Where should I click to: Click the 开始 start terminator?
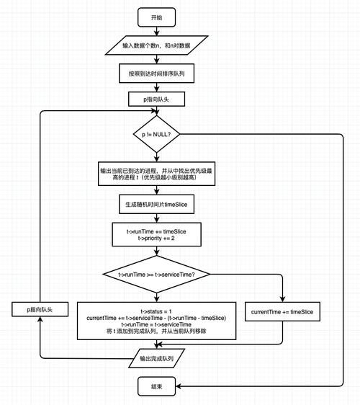click(156, 17)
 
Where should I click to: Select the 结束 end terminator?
click(156, 387)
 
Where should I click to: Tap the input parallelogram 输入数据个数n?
click(156, 45)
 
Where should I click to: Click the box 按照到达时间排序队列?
click(156, 74)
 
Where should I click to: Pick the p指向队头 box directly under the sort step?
click(156, 99)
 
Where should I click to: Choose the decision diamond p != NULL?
click(156, 134)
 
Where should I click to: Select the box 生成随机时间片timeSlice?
click(156, 205)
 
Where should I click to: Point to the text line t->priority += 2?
click(156, 239)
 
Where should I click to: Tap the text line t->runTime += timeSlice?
click(156, 231)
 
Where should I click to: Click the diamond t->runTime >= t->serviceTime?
click(156, 274)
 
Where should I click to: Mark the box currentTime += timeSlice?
click(282, 312)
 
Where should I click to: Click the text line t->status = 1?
click(156, 311)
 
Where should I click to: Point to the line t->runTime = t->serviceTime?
click(156, 324)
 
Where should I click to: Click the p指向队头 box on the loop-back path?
click(40, 309)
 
